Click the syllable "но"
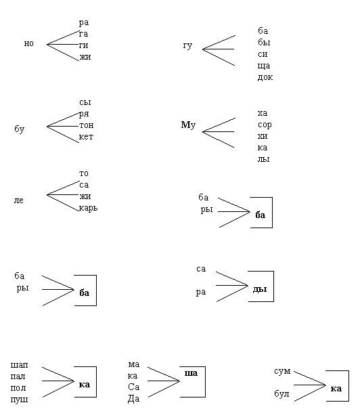[28, 43]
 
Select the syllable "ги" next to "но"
[83, 45]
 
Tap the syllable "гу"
[187, 46]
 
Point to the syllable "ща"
[264, 66]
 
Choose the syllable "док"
[265, 77]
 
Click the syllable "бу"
[20, 129]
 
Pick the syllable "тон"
[87, 125]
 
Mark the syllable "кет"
[86, 137]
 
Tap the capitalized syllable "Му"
[188, 125]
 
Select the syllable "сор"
[265, 125]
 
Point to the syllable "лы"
[263, 159]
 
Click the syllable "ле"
[18, 200]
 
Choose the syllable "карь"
[88, 208]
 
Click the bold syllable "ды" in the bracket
[260, 289]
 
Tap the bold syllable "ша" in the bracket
[191, 373]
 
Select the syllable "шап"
[20, 365]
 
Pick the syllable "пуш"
[20, 400]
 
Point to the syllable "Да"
[133, 399]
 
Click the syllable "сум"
[282, 371]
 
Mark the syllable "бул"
[282, 393]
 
